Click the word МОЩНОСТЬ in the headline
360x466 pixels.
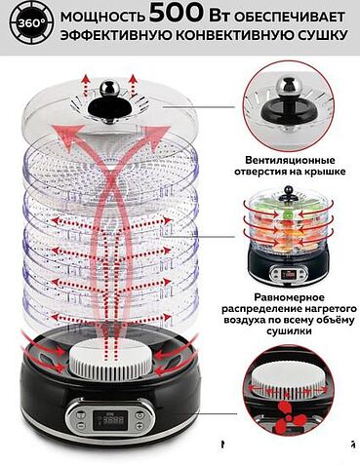[102, 17]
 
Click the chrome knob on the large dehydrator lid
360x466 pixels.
[109, 87]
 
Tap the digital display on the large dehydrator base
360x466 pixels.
[109, 421]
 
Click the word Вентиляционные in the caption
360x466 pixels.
[290, 161]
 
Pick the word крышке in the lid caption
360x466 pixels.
[324, 172]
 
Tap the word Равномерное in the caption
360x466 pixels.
[289, 297]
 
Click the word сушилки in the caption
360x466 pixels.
[289, 330]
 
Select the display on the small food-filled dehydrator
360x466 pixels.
[288, 275]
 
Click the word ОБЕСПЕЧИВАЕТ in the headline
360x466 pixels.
[289, 18]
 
